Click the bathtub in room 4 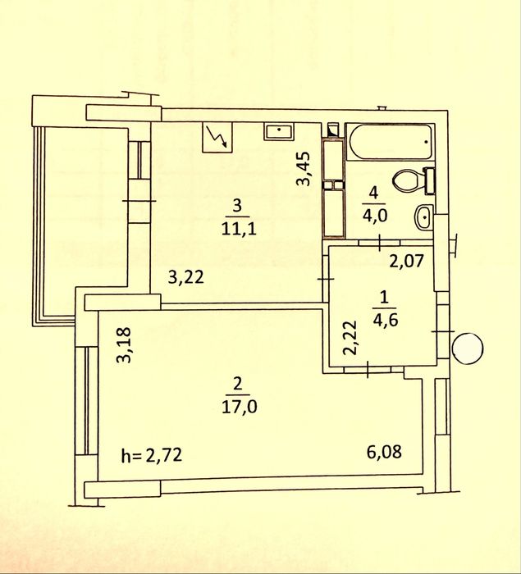[391, 142]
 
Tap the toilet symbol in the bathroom [414, 180]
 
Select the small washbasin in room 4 [424, 217]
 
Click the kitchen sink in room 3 [279, 131]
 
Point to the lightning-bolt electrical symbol [217, 137]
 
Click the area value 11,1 [239, 229]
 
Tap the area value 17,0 [240, 407]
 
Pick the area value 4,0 [375, 216]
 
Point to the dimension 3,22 [185, 277]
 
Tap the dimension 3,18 [123, 345]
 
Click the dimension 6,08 [384, 452]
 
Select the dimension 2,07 [406, 262]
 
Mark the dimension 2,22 [350, 338]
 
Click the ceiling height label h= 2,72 [152, 456]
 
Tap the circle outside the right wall [468, 348]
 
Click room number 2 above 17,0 [238, 385]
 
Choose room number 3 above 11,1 [237, 206]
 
